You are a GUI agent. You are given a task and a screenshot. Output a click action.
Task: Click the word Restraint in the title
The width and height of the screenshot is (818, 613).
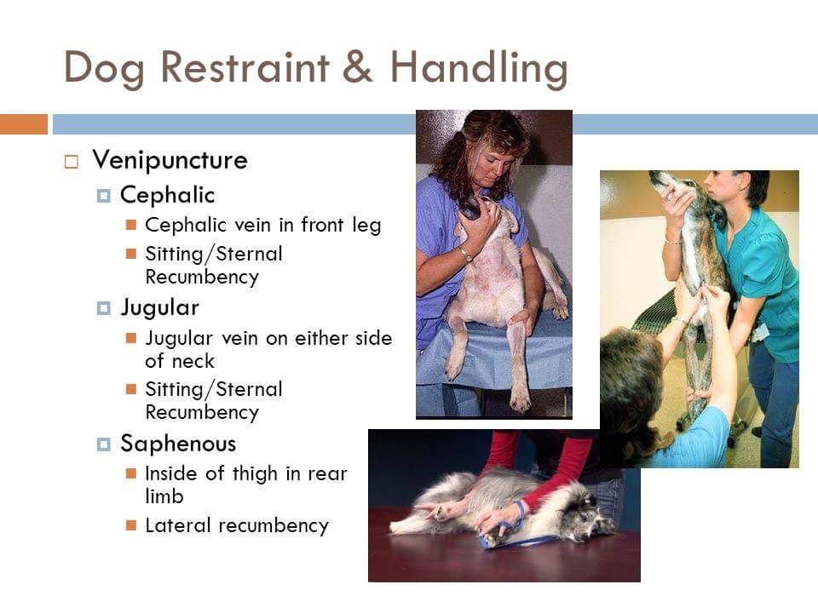coord(245,67)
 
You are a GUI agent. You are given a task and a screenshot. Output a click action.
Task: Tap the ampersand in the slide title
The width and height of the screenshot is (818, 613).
coord(358,67)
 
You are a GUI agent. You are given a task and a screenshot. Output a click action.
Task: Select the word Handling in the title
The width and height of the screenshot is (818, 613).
coord(478,70)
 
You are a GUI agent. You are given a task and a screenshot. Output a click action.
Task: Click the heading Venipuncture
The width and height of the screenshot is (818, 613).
coord(170,160)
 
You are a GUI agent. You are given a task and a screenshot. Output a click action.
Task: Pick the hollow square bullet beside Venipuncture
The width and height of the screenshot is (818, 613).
coord(72,162)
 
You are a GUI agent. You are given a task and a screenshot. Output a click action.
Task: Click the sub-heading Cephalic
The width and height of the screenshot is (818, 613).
coord(168,195)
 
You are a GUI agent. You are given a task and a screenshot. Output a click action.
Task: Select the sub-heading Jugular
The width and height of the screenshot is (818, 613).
coord(159,308)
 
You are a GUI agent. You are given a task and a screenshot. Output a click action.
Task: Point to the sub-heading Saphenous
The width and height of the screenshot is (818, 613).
coord(178,444)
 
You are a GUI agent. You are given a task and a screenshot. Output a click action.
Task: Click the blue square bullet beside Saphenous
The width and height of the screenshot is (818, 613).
coord(103,444)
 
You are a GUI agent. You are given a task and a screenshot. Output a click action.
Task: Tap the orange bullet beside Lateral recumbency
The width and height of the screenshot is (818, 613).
coord(131,525)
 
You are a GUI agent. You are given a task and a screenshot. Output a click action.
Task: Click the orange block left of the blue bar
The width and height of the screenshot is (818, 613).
coord(24,124)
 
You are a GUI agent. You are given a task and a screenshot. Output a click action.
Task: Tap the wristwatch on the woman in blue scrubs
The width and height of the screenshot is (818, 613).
coord(466,255)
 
